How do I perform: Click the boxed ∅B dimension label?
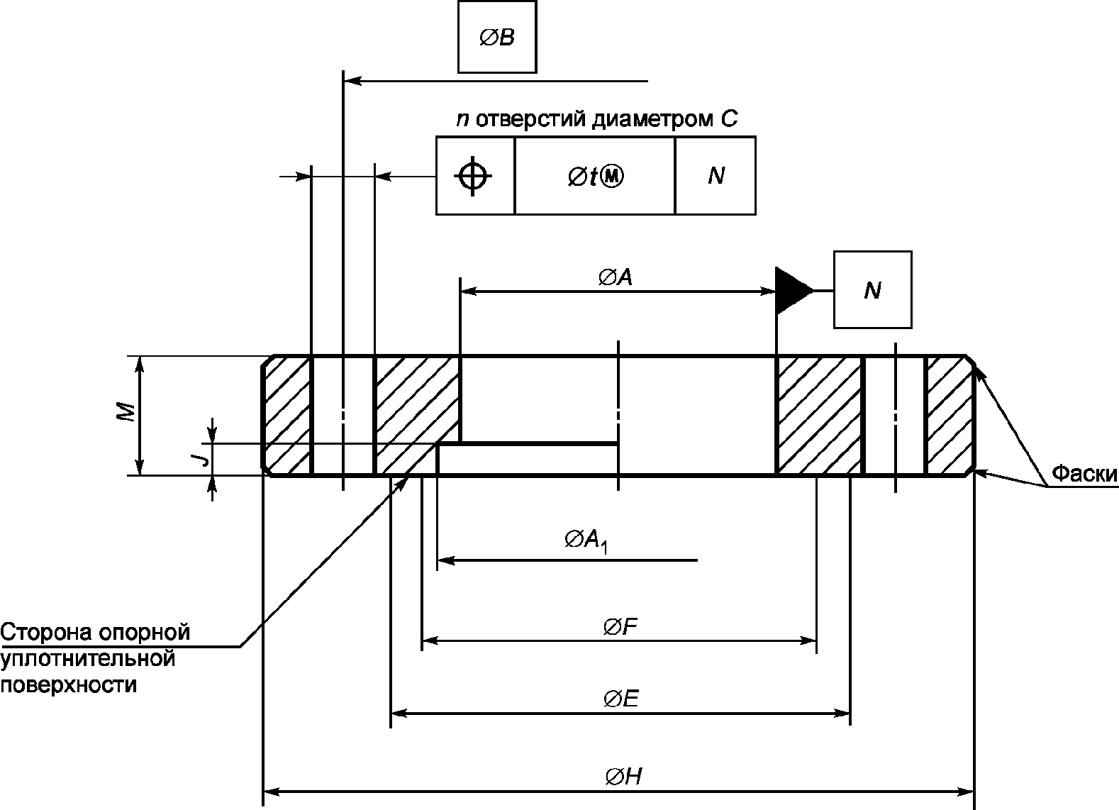[x=497, y=37]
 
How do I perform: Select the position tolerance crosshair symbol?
[x=472, y=176]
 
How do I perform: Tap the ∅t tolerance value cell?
[x=594, y=175]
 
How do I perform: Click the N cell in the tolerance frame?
[x=716, y=175]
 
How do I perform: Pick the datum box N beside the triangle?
[x=873, y=290]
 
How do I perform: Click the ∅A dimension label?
[x=616, y=277]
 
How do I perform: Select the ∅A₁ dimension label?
[x=586, y=540]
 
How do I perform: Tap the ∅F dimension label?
[x=620, y=626]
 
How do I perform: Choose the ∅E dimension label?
[x=621, y=699]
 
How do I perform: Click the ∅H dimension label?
[x=623, y=777]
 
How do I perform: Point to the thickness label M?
[x=127, y=412]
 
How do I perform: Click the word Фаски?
[x=1084, y=473]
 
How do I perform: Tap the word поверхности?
[x=69, y=684]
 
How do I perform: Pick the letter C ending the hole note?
[x=730, y=119]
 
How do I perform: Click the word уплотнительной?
[x=88, y=659]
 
